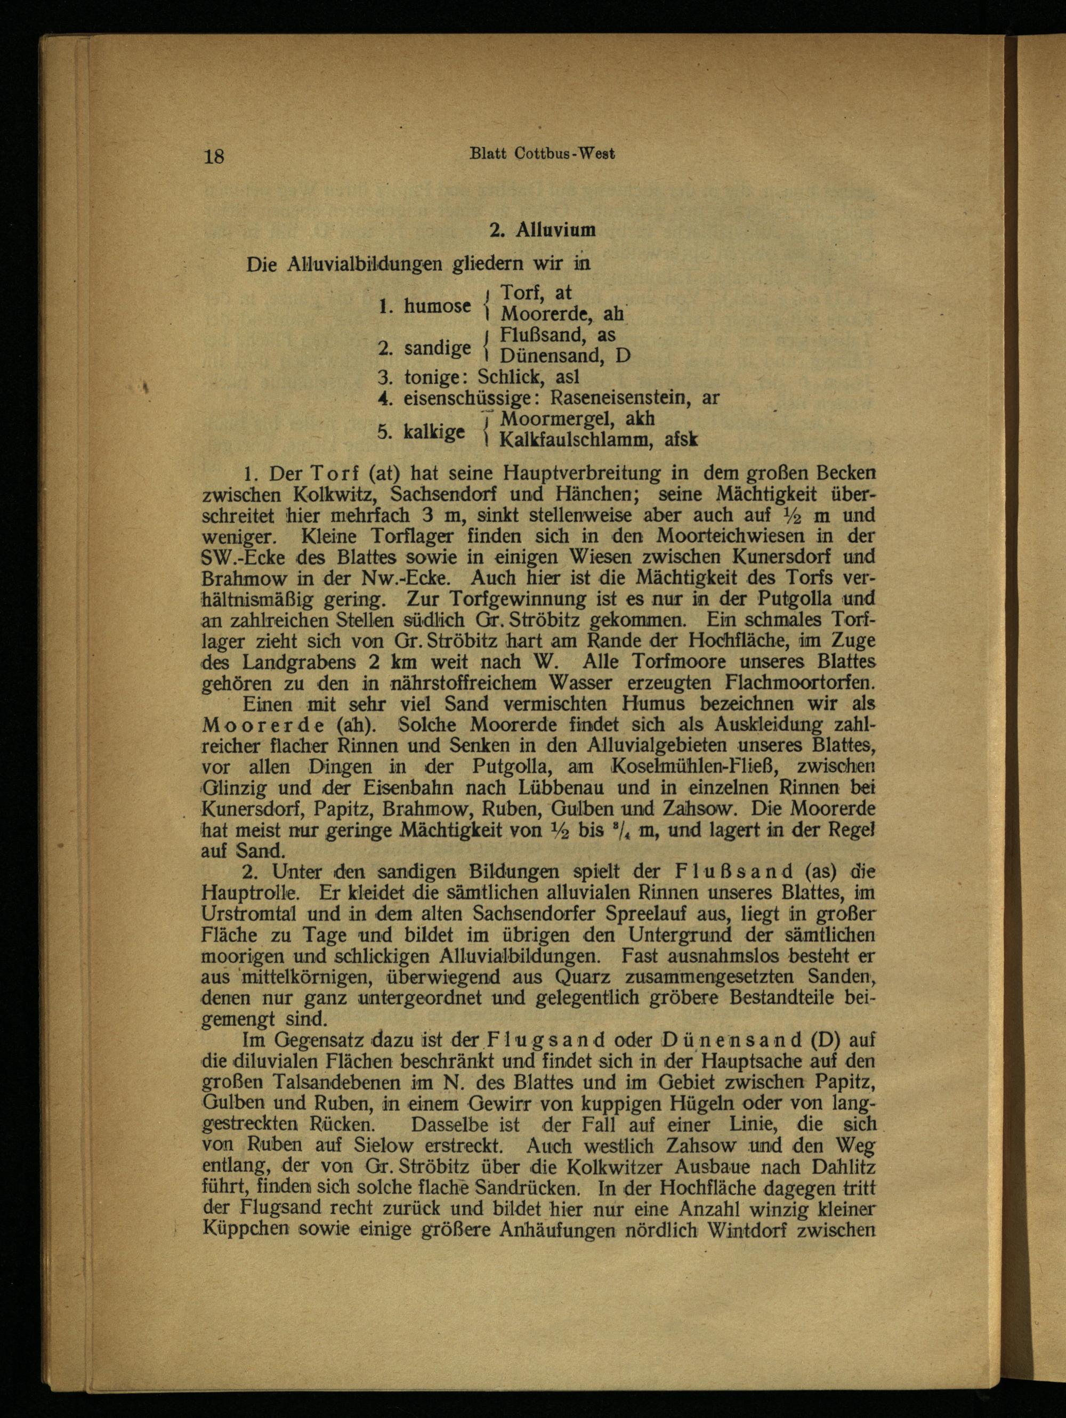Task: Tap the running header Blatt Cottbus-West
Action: pos(542,154)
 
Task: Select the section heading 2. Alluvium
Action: pos(542,231)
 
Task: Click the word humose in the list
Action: pos(438,307)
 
